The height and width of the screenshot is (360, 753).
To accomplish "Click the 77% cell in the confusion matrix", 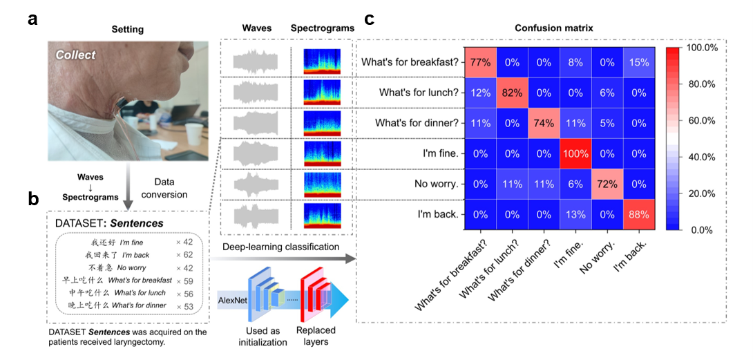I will [480, 63].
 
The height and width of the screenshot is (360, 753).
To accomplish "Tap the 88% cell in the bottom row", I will [638, 214].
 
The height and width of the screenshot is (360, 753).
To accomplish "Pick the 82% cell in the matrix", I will [512, 93].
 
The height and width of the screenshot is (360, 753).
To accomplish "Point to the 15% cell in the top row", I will [638, 63].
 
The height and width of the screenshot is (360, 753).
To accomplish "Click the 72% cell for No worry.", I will [607, 184].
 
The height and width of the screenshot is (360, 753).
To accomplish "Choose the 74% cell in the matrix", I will [544, 124].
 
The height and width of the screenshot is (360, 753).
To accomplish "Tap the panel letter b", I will [33, 199].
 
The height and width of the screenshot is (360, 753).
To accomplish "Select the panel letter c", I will [370, 19].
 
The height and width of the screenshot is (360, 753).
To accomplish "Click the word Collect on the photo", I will [76, 55].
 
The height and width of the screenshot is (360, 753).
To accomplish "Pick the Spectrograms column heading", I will [323, 28].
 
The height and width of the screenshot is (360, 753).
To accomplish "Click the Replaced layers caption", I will [316, 335].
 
